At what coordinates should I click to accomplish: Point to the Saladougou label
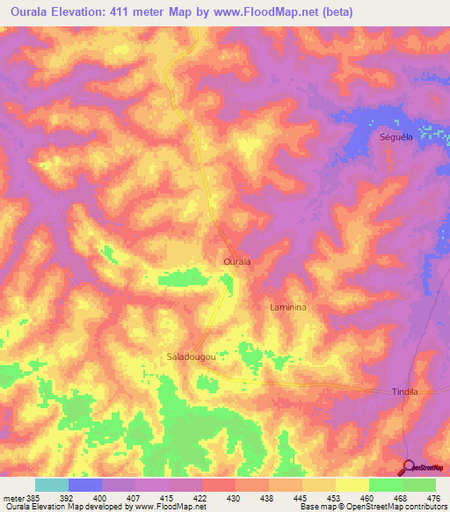pos(191,356)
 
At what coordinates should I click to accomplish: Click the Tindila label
pos(403,391)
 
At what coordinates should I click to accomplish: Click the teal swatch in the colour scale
pos(52,485)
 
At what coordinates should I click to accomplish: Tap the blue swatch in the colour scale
pos(85,485)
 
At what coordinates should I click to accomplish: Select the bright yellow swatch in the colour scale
pos(352,485)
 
